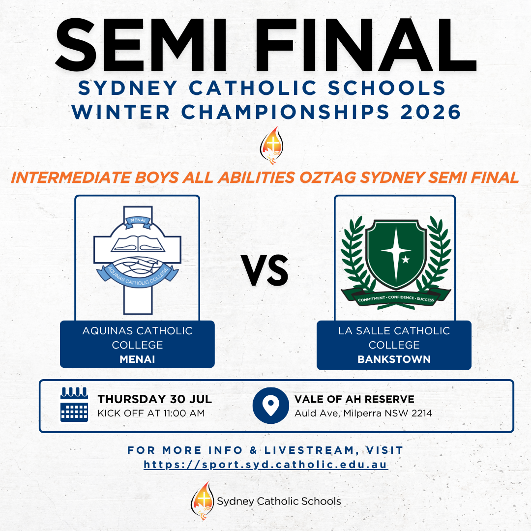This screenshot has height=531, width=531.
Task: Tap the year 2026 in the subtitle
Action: point(430,112)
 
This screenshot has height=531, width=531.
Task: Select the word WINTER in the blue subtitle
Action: point(120,112)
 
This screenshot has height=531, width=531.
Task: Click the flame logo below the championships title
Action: point(271,145)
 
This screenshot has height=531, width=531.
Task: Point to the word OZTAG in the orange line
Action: point(327,177)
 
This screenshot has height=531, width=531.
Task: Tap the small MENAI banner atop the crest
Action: point(138,220)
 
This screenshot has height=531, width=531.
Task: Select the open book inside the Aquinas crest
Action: point(138,244)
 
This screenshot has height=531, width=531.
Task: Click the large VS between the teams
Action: point(265,270)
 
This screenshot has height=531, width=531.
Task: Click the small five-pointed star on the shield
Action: point(406,260)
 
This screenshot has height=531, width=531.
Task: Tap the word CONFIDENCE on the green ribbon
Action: point(401,297)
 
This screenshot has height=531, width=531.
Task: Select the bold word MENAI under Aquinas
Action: point(137,359)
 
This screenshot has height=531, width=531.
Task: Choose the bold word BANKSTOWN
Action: point(394,359)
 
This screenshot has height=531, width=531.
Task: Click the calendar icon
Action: point(74,404)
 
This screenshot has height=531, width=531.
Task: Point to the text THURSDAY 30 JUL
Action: point(155,399)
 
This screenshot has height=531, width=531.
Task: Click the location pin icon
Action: point(270,405)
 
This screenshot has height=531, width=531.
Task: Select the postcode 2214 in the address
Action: point(422,413)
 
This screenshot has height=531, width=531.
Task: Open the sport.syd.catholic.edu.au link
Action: point(266,464)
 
